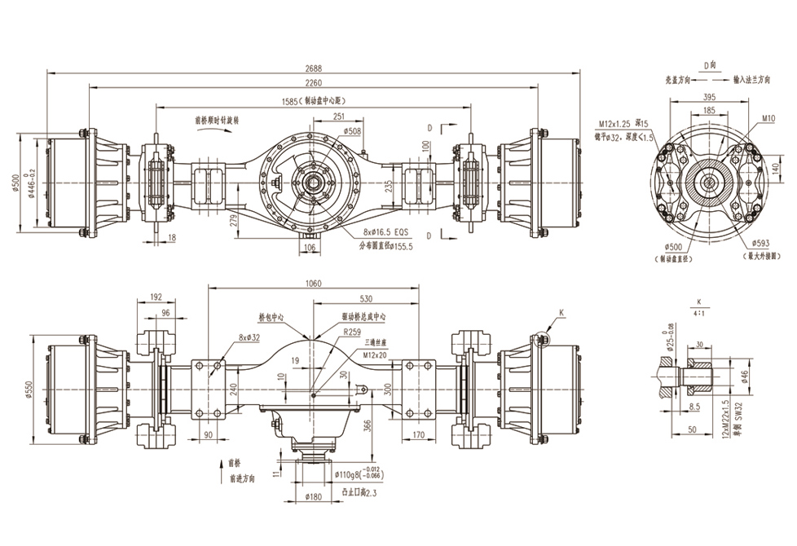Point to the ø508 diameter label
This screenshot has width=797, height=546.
click(353, 130)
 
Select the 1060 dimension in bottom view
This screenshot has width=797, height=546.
click(314, 284)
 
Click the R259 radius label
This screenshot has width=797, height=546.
click(352, 332)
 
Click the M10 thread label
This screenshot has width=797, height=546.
click(768, 119)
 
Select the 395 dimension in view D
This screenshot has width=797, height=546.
click(710, 96)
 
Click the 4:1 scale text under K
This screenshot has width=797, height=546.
click(699, 312)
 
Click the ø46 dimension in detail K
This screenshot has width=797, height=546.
click(745, 376)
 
